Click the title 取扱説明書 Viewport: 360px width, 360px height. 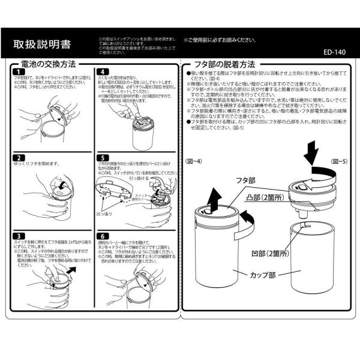click(39, 44)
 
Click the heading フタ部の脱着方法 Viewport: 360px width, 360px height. click(224, 64)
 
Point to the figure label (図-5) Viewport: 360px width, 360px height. click(339, 162)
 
